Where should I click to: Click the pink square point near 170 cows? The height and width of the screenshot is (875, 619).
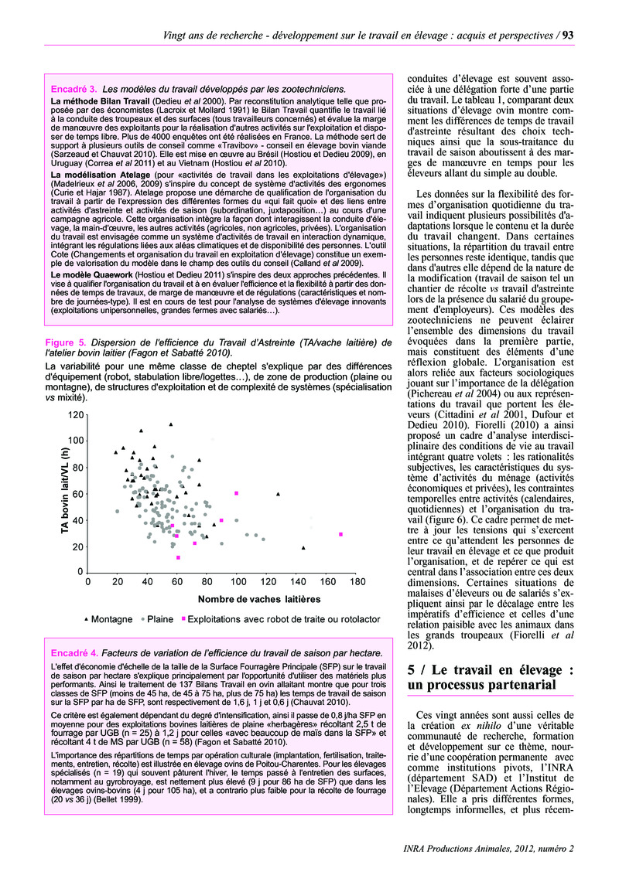coord(340,534)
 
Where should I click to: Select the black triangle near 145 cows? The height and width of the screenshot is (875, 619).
coord(303,547)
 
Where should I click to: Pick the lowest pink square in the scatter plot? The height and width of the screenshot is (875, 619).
coord(179,557)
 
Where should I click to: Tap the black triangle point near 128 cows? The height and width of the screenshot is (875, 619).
coord(279,493)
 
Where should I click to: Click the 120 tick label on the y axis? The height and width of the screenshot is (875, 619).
coord(75,415)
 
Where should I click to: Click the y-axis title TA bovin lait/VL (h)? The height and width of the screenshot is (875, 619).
coord(66,492)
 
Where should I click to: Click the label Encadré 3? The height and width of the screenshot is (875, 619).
coord(74,89)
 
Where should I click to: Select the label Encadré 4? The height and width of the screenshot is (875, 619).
coord(74,652)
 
